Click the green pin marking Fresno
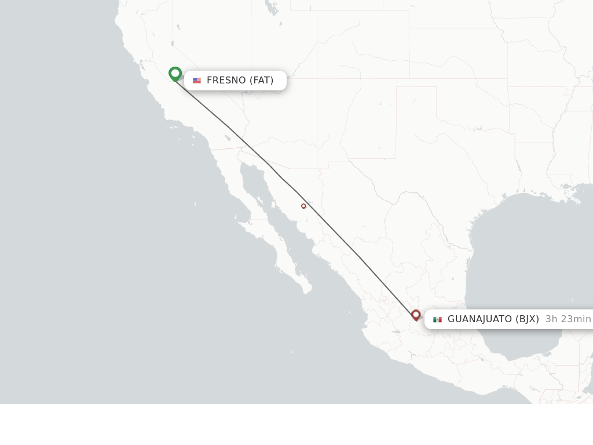click(x=175, y=74)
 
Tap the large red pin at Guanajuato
click(x=416, y=315)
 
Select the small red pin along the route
click(x=303, y=206)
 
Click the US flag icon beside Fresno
click(x=197, y=81)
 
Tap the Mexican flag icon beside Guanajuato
click(x=437, y=319)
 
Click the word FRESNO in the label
click(x=226, y=81)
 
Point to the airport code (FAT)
click(x=262, y=81)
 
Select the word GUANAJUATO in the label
click(x=479, y=319)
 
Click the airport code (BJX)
click(x=528, y=319)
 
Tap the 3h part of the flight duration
click(x=551, y=319)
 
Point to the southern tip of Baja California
click(x=307, y=289)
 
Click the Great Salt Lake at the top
click(x=271, y=7)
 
